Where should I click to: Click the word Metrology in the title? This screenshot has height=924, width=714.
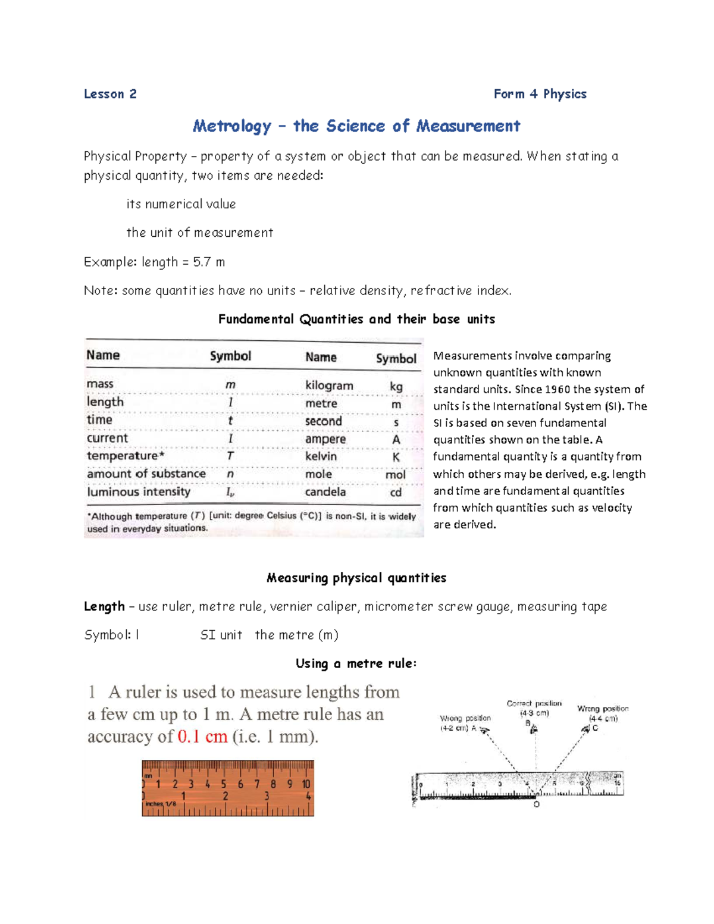[x=232, y=126]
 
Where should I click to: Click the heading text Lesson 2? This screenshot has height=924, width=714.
[x=110, y=94]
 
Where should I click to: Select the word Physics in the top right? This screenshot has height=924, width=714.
[x=565, y=94]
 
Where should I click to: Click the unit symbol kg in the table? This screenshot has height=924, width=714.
[x=396, y=386]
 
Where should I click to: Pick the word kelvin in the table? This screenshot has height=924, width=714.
[x=321, y=456]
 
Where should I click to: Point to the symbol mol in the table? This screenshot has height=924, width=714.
[x=396, y=475]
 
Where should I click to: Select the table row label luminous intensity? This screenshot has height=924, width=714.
[x=139, y=492]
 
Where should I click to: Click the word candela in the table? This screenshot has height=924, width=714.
[x=325, y=492]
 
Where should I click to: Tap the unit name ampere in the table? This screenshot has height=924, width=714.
[x=325, y=439]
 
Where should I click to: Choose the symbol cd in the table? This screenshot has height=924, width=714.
[x=396, y=493]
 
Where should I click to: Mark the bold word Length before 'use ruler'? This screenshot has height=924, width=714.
[x=104, y=606]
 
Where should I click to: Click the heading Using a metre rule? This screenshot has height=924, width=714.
[x=356, y=663]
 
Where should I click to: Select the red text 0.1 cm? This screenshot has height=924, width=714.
[x=202, y=737]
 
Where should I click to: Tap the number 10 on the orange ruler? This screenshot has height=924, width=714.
[x=306, y=784]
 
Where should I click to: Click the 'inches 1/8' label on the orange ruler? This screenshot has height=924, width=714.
[x=161, y=804]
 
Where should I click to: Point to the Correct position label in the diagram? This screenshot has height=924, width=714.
[x=534, y=703]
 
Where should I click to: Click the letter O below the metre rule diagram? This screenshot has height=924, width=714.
[x=536, y=804]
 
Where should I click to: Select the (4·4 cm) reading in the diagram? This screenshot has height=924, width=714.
[x=603, y=718]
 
